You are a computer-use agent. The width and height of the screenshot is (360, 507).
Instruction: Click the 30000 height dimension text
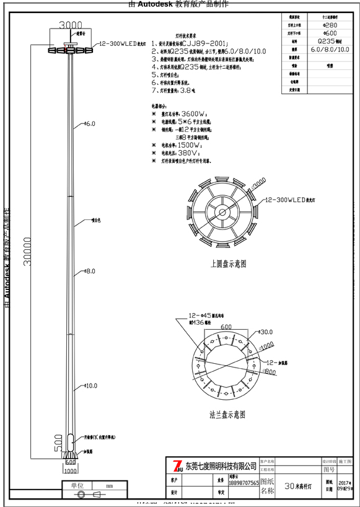[x=27, y=250]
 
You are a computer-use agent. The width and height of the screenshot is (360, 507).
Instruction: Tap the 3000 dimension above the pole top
[x=70, y=25]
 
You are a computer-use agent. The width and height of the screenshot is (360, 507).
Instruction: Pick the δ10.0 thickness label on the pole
[x=90, y=386]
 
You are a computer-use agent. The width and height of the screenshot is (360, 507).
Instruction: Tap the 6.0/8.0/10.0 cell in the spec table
[x=330, y=48]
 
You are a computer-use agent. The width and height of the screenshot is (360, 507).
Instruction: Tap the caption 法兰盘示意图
[x=227, y=414]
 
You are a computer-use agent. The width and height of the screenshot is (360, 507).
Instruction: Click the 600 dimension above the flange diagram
[x=225, y=327]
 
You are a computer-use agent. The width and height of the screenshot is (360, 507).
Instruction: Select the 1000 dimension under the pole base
[x=71, y=471]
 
